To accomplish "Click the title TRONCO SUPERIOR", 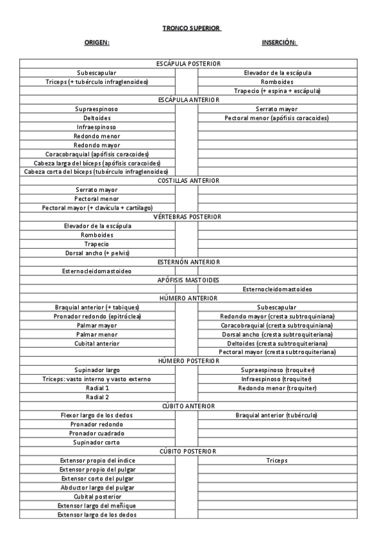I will [191, 28].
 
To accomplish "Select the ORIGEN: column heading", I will [97, 42].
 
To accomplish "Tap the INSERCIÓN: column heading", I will [280, 42].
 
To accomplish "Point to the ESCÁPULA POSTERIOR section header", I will [188, 64].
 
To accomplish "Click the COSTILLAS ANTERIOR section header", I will [188, 181].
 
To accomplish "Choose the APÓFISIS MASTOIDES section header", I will [188, 280].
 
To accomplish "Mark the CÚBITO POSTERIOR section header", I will [188, 452].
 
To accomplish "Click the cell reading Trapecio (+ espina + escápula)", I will [277, 91].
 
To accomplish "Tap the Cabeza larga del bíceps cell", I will [97, 163].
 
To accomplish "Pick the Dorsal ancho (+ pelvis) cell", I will [97, 253].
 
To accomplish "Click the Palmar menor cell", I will [97, 334].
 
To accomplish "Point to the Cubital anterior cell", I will [97, 343].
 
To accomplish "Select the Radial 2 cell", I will [97, 397].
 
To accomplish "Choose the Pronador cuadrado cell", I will [97, 433].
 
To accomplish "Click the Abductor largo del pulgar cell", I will [97, 488].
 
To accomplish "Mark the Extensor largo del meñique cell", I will [97, 506].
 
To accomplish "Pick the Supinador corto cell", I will [97, 442].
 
